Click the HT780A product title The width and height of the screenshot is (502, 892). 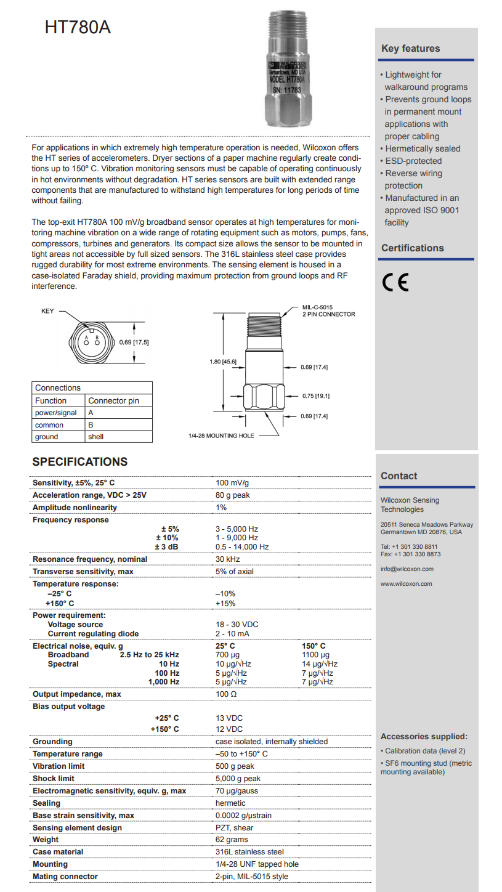click(x=78, y=27)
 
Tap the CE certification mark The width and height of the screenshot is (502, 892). click(x=395, y=282)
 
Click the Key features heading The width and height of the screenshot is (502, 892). click(x=410, y=49)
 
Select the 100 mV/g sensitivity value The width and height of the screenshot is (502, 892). click(x=232, y=482)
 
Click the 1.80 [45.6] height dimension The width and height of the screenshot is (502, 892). click(x=223, y=362)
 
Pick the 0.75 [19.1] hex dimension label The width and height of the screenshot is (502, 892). click(x=315, y=397)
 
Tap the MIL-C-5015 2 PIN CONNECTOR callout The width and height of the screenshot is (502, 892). click(x=328, y=310)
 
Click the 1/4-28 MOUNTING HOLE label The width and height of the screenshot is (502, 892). click(x=221, y=436)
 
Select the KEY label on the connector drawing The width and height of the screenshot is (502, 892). click(x=47, y=311)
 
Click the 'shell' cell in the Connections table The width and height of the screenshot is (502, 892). click(x=95, y=437)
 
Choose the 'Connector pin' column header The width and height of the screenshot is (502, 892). click(x=113, y=400)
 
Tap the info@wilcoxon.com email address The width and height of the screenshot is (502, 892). click(x=407, y=569)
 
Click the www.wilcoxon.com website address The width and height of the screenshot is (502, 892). click(x=406, y=583)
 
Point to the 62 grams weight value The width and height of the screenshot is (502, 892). click(x=232, y=839)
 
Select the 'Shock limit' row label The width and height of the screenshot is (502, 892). click(x=54, y=778)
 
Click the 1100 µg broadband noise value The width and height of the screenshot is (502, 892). click(x=315, y=655)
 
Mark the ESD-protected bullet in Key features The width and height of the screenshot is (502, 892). click(x=413, y=161)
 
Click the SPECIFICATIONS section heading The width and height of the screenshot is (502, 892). click(x=80, y=462)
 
